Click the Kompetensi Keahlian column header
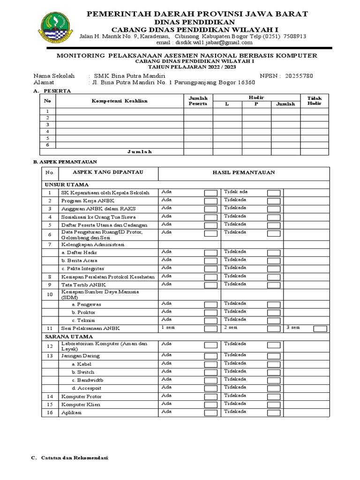coord(119,101)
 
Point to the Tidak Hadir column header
coord(314,101)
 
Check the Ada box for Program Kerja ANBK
coord(210,201)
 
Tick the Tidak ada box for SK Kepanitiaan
coord(274,193)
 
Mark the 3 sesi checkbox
coord(320,329)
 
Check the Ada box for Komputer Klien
coord(210,405)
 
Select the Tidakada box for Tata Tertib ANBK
coord(274,285)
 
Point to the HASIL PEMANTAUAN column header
coord(243,172)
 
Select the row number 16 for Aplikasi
coord(49,412)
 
